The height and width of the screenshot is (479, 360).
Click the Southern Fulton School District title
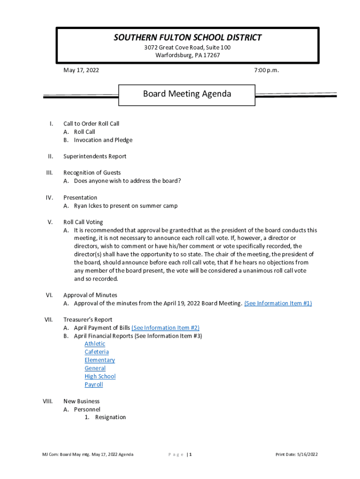pos(187,37)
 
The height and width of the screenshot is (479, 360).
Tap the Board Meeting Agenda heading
pos(187,94)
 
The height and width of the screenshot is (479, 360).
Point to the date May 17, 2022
pos(81,70)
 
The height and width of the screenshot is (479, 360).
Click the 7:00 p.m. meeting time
pos(266,70)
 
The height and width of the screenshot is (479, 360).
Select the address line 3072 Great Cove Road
pos(187,48)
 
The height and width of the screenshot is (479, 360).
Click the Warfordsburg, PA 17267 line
pos(187,55)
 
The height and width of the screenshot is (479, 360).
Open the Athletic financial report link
pos(95,344)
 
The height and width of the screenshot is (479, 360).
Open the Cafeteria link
pos(96,352)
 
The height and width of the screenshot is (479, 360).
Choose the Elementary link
pos(100,360)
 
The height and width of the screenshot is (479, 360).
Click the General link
pos(95,368)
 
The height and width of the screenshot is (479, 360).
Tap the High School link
pos(100,377)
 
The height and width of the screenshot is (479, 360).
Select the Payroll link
pos(94,385)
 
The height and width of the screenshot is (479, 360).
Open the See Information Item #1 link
pos(278,303)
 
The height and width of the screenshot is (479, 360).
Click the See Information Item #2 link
pos(166,327)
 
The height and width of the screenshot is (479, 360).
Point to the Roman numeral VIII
pos(48,401)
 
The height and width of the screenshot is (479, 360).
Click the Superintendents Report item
pos(94,156)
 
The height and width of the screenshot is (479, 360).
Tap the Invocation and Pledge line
pos(103,140)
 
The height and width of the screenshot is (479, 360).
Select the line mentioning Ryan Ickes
pos(125,206)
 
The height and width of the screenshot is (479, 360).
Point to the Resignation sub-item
pos(110,417)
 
